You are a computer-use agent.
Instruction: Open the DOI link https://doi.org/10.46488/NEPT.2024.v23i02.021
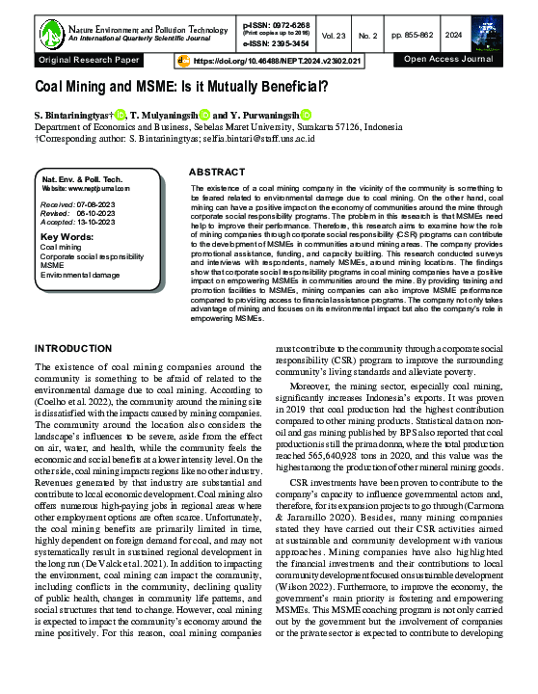point(277,60)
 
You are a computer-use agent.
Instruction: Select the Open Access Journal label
point(450,60)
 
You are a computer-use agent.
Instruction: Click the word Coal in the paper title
point(53,86)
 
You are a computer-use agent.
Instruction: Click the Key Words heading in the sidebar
point(67,235)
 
